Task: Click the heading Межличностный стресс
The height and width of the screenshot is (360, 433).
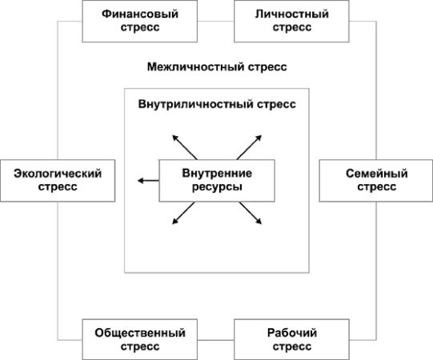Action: tap(216, 68)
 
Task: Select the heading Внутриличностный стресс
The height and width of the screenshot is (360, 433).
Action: tap(217, 104)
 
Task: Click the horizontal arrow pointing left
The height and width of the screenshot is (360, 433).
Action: tap(147, 181)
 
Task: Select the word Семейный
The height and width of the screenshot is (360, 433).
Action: tap(376, 173)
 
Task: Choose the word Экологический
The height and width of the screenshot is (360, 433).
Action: tap(51, 173)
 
